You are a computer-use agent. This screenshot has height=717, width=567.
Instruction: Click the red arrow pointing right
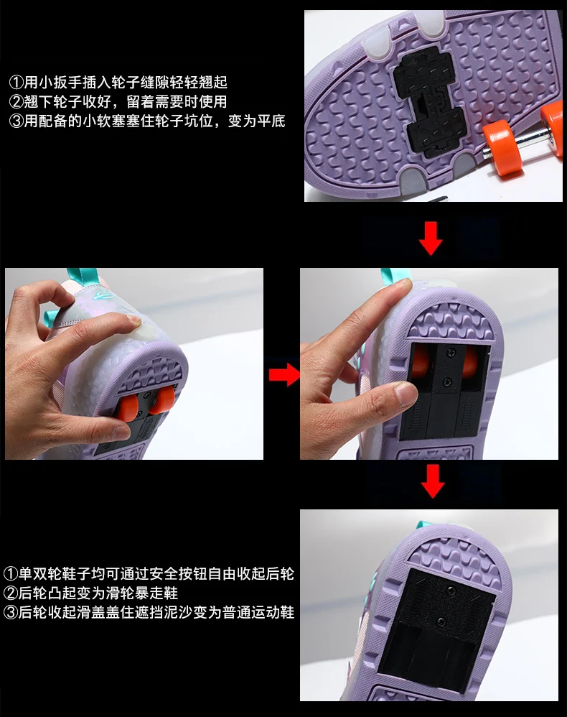[283, 374]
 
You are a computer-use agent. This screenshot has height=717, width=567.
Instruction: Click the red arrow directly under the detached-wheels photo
[431, 239]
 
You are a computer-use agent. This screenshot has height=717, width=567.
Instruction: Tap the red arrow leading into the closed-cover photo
[432, 481]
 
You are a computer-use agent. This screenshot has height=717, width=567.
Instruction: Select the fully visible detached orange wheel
[502, 147]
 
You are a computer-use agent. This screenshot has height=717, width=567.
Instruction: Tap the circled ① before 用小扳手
[16, 83]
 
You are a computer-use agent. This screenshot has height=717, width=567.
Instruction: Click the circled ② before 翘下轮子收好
[16, 101]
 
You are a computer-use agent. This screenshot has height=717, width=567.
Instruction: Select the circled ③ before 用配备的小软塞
[16, 121]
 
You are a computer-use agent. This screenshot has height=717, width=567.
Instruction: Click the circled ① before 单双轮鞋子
[11, 573]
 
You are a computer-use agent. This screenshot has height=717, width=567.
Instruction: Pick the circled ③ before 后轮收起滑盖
[11, 612]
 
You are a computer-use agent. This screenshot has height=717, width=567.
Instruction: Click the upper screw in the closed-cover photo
[452, 591]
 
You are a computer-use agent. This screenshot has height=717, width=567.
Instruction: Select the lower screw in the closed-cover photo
[441, 621]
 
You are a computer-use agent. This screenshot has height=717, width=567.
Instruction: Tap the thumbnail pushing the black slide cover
[406, 394]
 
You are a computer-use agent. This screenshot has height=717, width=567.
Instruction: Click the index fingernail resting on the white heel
[133, 320]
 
